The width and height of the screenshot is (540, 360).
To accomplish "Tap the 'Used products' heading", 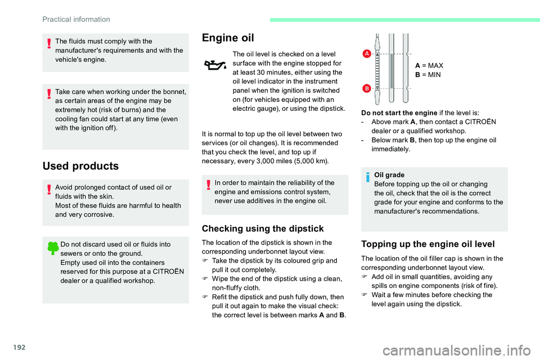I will tap(80, 166).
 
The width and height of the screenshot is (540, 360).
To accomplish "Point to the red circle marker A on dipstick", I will tap(366, 53).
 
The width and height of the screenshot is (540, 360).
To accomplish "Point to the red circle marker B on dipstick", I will tap(366, 89).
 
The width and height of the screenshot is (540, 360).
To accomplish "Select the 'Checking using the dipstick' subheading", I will tap(263, 228).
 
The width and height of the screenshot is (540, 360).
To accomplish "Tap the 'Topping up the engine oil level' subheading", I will tap(428, 244).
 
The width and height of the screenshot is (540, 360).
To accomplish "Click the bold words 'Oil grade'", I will tap(389, 175).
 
